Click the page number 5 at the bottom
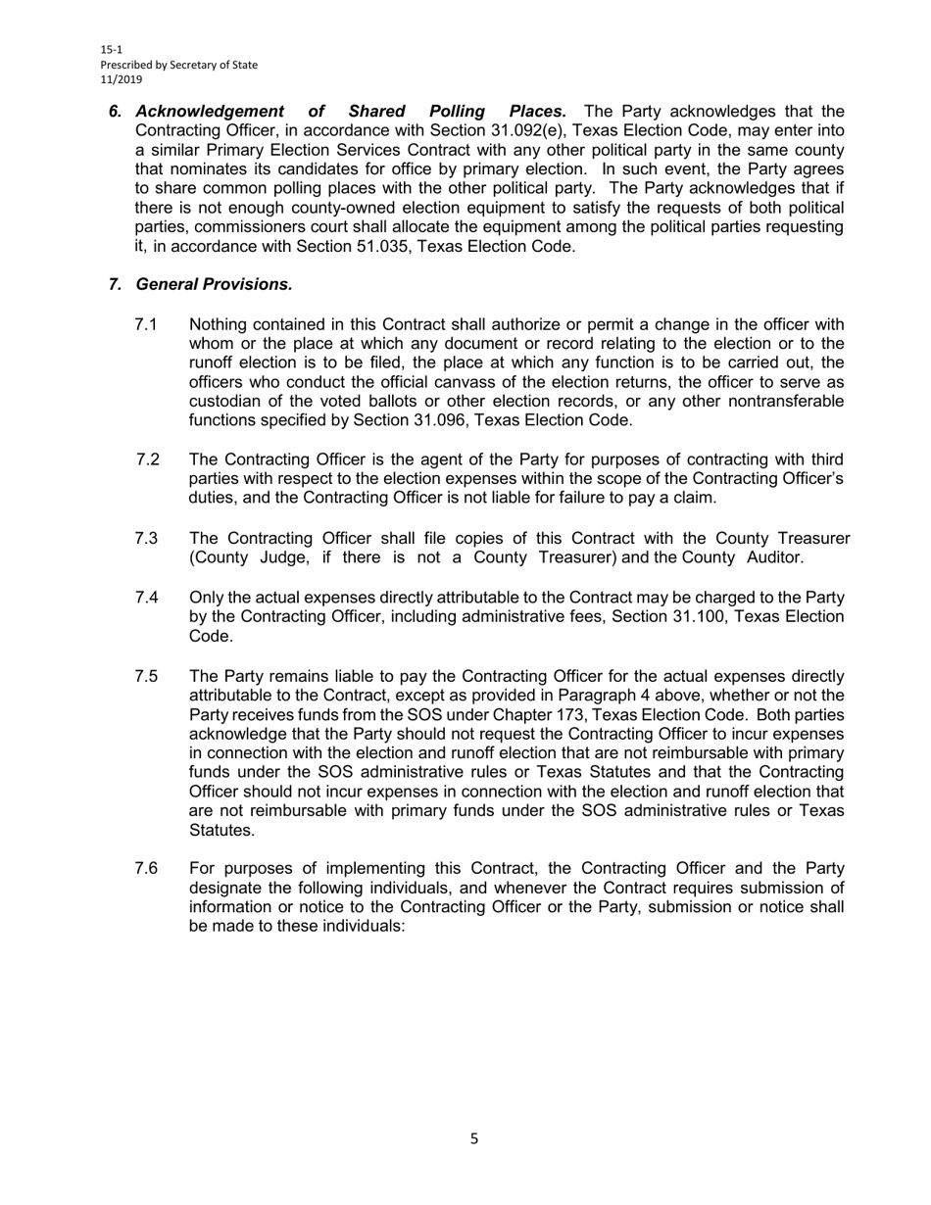coord(474,1139)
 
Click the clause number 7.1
coord(146,325)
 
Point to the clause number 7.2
coord(148,459)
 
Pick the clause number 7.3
coord(146,539)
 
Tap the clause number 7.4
coord(146,598)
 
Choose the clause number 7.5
coord(146,677)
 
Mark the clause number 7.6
coord(146,869)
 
